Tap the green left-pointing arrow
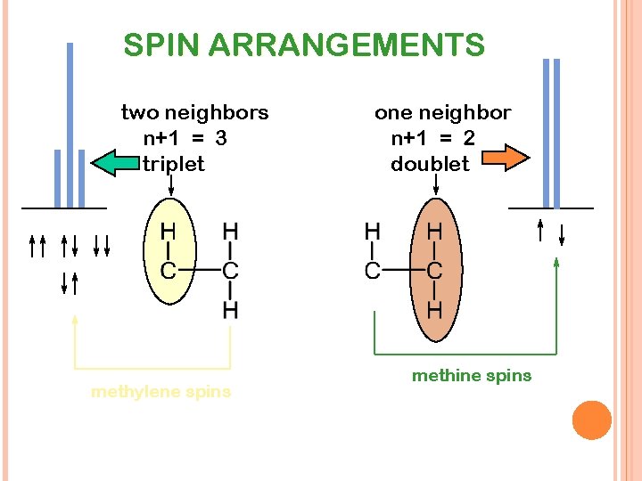tap(117, 163)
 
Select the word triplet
tap(173, 164)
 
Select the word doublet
tap(430, 164)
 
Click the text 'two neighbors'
tap(194, 112)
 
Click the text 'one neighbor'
tap(442, 112)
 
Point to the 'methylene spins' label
tap(160, 391)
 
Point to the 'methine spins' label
tap(471, 375)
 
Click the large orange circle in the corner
tap(591, 420)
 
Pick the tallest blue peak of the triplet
tap(70, 125)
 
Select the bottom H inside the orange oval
tap(434, 310)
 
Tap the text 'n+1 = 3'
tap(185, 138)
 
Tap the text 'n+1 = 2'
tap(432, 138)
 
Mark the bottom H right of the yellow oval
tap(230, 310)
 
